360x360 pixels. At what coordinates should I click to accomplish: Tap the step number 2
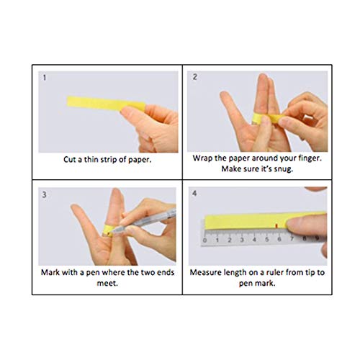[194, 77]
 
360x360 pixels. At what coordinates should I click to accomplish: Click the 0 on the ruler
[207, 241]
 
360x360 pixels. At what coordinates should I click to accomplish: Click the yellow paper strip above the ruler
[245, 220]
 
